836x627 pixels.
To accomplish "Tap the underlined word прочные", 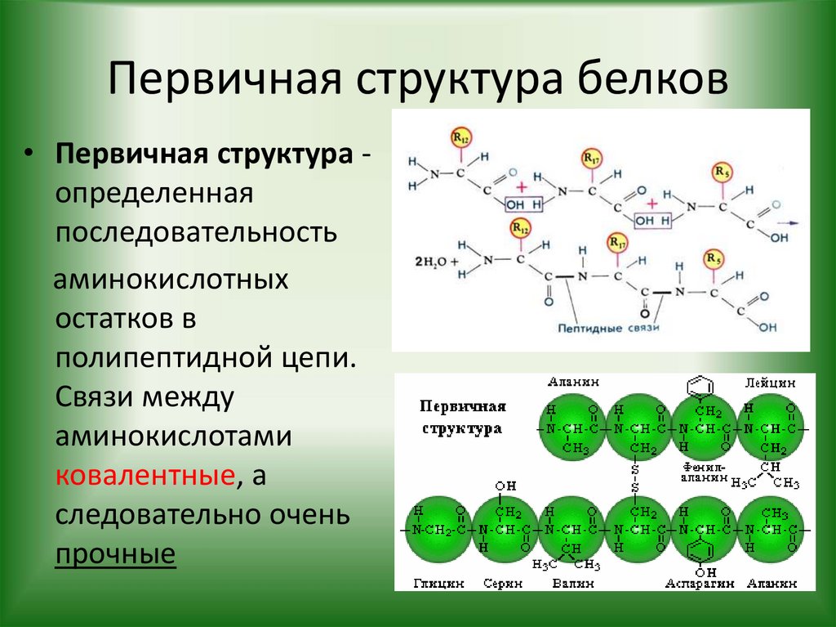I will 115,554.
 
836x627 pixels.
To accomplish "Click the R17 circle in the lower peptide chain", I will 618,243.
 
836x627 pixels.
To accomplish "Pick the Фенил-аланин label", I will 701,472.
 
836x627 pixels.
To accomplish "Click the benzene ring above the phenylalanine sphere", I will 701,384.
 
